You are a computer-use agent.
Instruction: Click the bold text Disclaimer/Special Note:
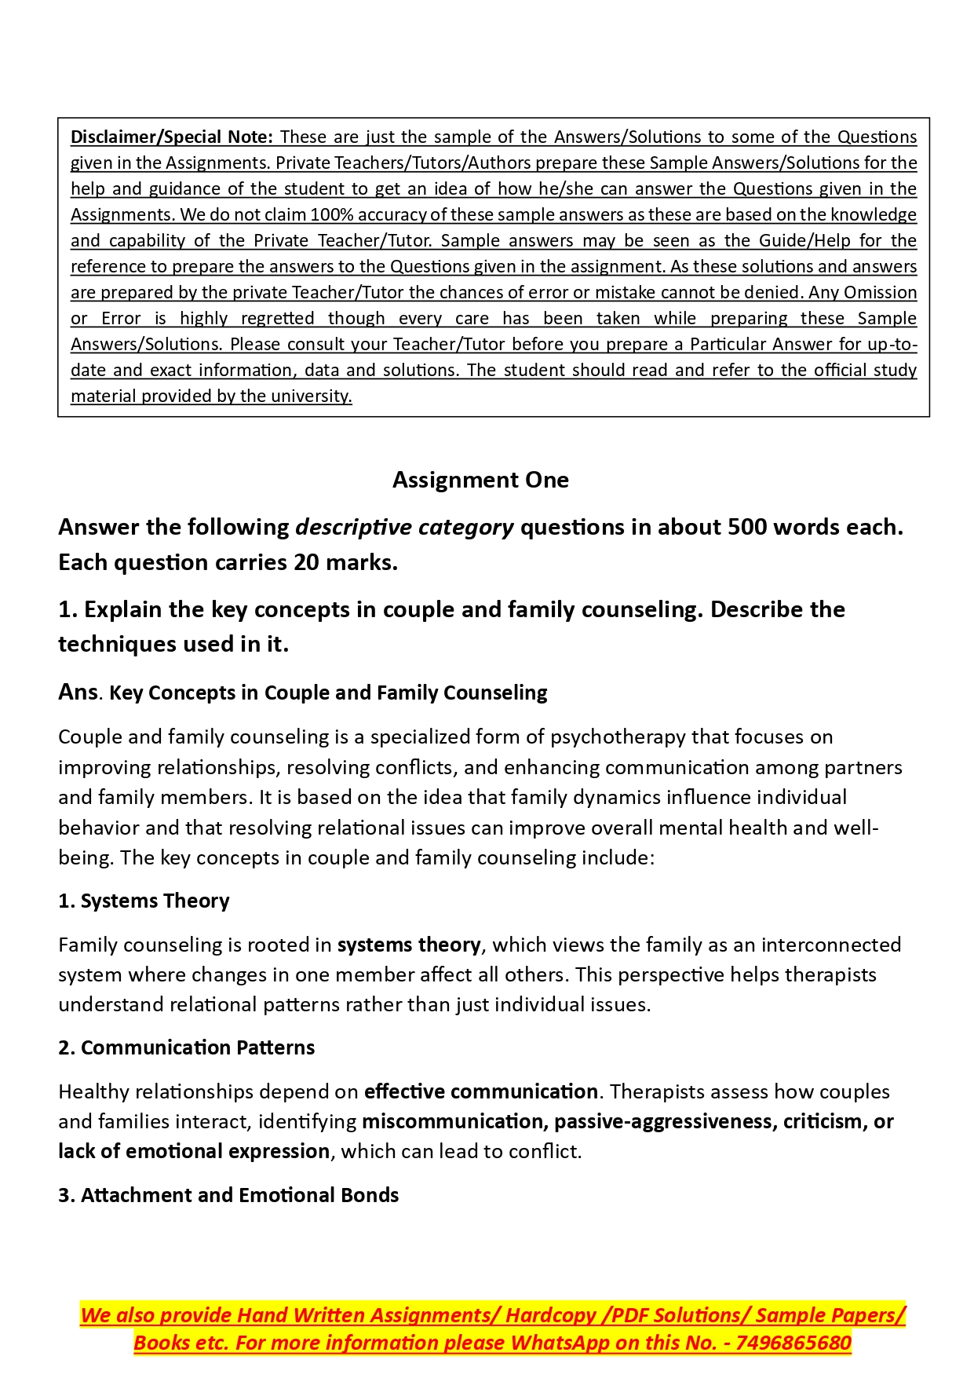(171, 137)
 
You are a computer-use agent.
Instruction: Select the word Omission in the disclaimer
(880, 292)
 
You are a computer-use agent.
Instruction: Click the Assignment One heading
(480, 480)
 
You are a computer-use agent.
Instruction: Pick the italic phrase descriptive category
(404, 527)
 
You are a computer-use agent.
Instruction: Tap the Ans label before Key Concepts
(78, 692)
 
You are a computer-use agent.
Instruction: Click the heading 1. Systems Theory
(144, 901)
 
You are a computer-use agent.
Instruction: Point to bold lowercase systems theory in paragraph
(409, 945)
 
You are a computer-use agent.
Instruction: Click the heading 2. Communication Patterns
(186, 1047)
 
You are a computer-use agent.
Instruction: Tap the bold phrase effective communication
(481, 1091)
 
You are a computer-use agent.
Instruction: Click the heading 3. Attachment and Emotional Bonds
(228, 1195)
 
